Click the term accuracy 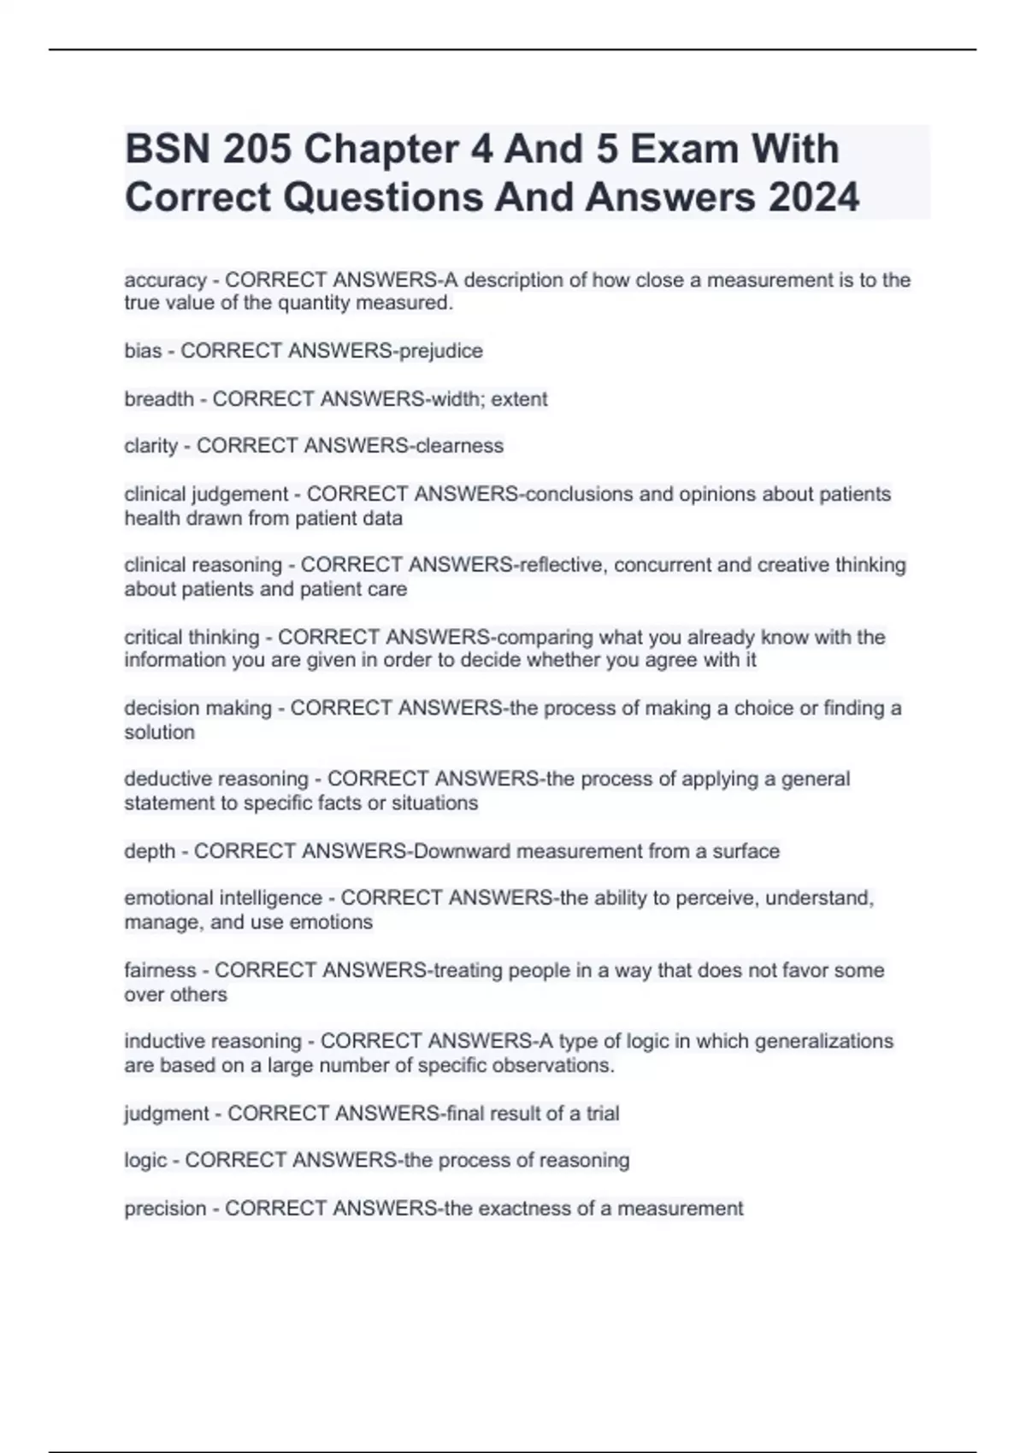click(165, 280)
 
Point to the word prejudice click(441, 351)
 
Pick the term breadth click(158, 399)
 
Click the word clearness click(459, 446)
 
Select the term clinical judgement click(206, 494)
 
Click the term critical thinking click(192, 637)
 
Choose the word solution click(159, 732)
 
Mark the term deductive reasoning click(215, 779)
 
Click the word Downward click(462, 851)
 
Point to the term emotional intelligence click(222, 898)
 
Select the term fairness click(160, 970)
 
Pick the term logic click(145, 1161)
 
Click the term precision click(165, 1209)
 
